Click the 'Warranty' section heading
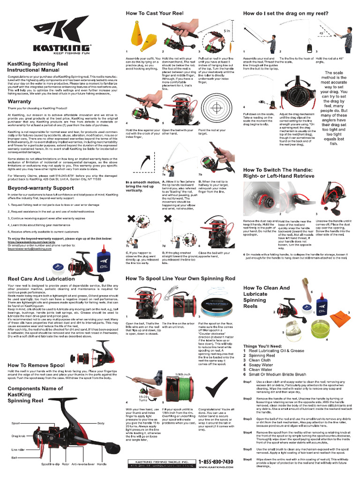[x=19, y=101]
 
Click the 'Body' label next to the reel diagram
[x=101, y=423]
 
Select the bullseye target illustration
[x=216, y=107]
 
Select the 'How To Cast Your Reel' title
[x=154, y=14]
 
